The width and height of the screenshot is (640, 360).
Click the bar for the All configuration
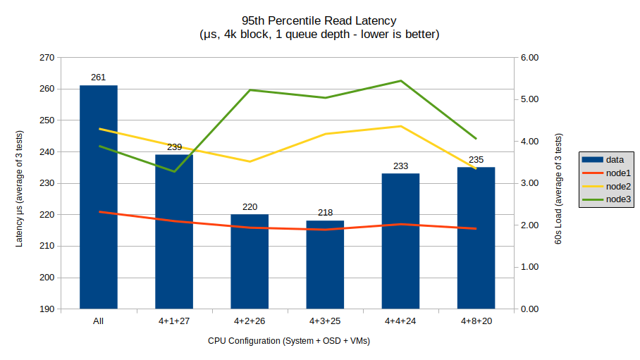point(99,197)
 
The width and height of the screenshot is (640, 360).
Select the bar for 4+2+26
point(250,261)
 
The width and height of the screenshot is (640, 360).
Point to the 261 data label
point(99,77)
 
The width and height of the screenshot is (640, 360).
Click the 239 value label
point(174,147)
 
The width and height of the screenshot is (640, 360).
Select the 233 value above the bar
point(400,166)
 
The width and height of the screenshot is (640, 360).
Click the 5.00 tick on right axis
point(529,99)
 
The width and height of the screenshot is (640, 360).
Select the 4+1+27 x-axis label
point(174,321)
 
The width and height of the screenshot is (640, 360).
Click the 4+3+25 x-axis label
point(325,321)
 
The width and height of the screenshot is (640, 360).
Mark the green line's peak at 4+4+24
point(400,81)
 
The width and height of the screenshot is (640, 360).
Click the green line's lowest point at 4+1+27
point(174,171)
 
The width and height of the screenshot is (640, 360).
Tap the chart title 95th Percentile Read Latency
point(319,21)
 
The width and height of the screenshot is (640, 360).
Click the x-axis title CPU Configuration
point(289,341)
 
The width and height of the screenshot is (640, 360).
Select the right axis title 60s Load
point(558,190)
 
